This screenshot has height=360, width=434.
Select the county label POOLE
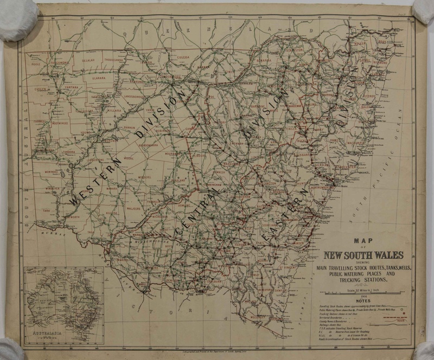click(x=36, y=63)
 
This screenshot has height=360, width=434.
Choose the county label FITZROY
click(x=369, y=95)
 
